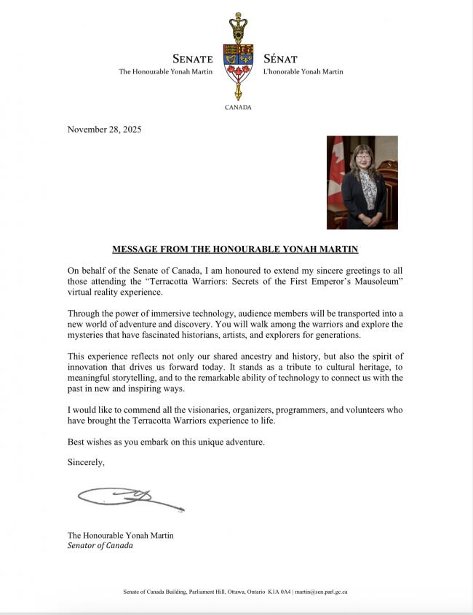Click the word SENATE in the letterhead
click(192, 59)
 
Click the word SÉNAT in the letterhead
click(280, 59)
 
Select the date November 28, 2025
click(104, 130)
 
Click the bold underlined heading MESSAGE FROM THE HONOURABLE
click(236, 249)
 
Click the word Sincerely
click(86, 462)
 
